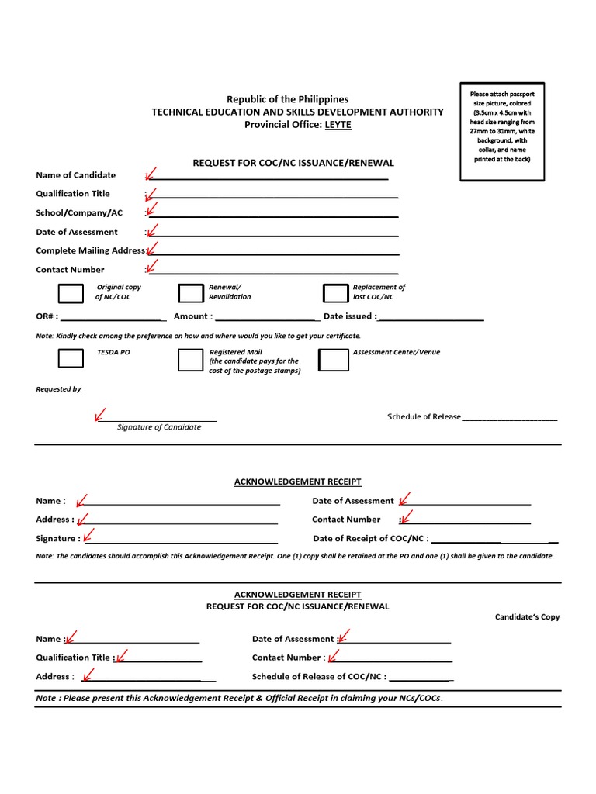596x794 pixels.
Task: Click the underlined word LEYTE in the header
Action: [x=338, y=125]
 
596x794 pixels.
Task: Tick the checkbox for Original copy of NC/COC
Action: [x=71, y=293]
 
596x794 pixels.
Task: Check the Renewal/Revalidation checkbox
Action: [x=190, y=293]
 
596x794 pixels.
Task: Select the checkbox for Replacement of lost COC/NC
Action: [x=335, y=293]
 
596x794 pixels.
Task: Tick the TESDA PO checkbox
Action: [x=71, y=358]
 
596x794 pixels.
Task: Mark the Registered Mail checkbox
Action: [x=190, y=360]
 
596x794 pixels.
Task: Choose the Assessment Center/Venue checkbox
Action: [x=334, y=360]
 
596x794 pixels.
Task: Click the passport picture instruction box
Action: [x=502, y=131]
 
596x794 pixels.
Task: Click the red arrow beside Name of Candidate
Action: [x=151, y=174]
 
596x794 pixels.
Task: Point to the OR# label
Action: [x=46, y=316]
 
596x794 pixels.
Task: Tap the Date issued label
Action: [x=349, y=316]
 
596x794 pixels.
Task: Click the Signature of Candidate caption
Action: [x=158, y=427]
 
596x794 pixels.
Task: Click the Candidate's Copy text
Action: [x=527, y=617]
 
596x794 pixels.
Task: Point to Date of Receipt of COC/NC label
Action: [x=370, y=538]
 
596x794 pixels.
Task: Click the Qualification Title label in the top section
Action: [x=73, y=194]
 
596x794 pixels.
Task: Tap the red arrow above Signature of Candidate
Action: [x=100, y=415]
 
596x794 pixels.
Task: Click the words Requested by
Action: [x=59, y=389]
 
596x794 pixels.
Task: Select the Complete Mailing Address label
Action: [x=90, y=250]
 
